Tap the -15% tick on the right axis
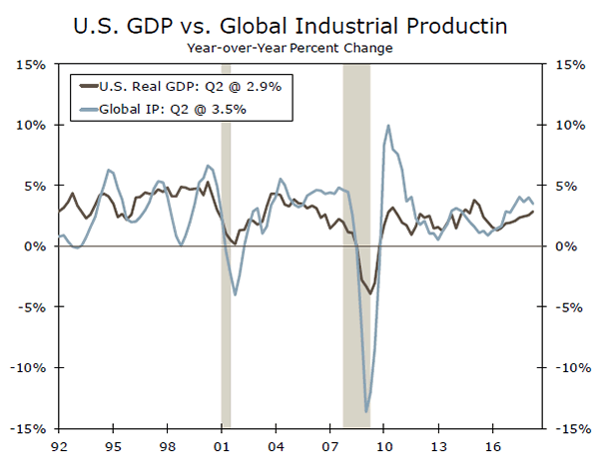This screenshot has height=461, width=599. pos(567,428)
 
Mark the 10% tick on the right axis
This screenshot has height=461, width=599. pos(567,126)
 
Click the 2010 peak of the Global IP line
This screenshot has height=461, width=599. pos(387,126)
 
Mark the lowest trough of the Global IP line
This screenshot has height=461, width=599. pos(366,411)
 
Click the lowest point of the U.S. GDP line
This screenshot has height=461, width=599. pos(370,293)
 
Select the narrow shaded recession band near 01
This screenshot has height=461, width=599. pos(226,299)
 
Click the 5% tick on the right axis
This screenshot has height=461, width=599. pos(565,186)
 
